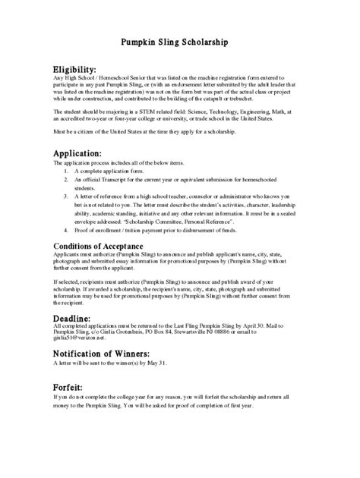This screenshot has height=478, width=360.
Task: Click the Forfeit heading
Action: (x=71, y=385)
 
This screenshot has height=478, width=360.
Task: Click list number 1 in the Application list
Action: (x=67, y=171)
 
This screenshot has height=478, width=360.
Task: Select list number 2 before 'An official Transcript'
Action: (x=67, y=179)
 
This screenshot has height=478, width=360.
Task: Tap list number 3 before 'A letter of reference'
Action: (x=67, y=196)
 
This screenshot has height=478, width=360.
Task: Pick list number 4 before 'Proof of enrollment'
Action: (x=67, y=228)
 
